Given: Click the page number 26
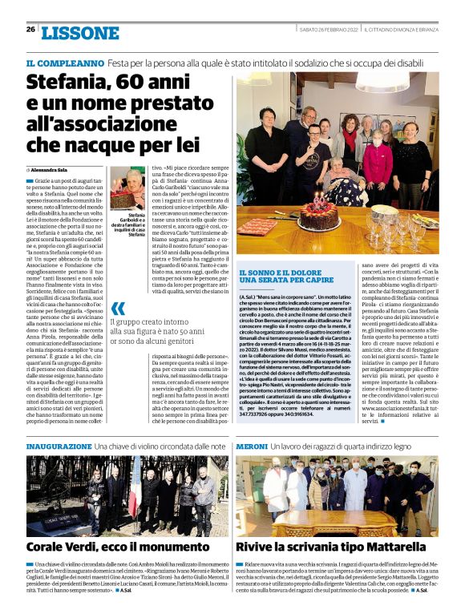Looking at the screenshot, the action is coord(30,30).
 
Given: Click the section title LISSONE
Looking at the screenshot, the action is coord(80,33).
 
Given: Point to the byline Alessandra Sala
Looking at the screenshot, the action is coord(50,171).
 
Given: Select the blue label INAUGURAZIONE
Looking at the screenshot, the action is coord(59,445).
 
